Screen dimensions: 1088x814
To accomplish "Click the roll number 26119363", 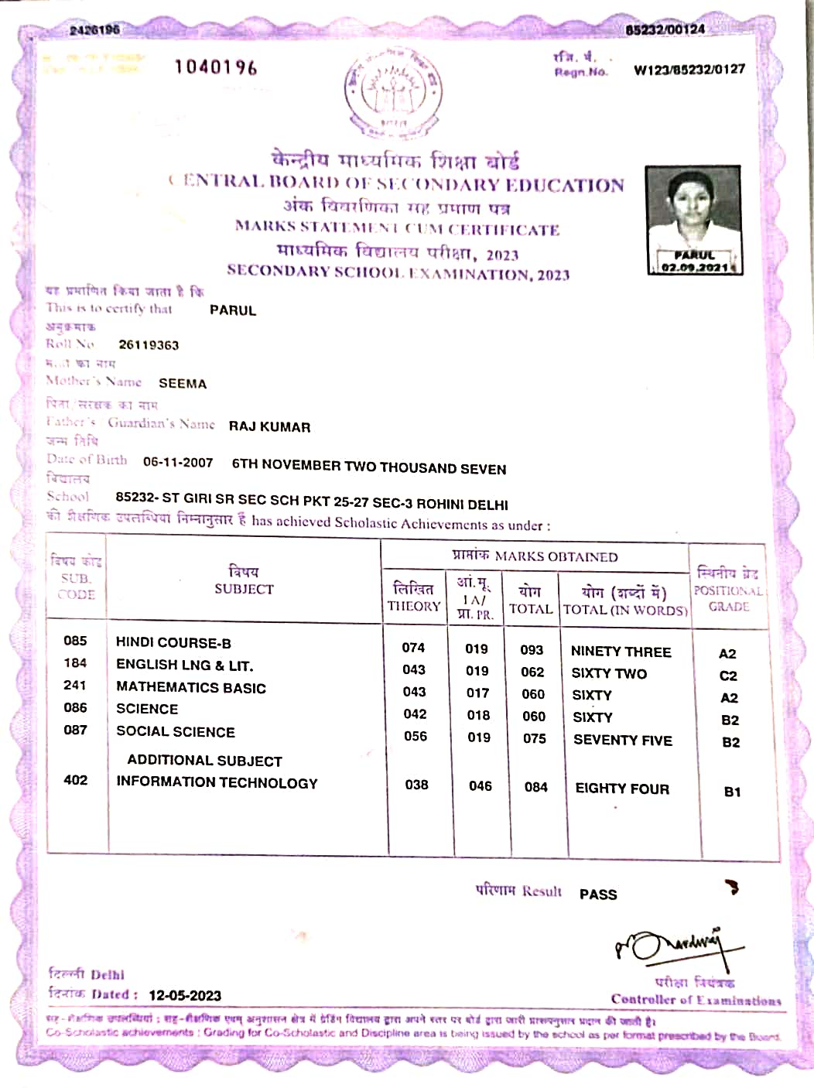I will click(149, 345).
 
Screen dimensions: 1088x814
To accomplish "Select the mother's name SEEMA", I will click(183, 384).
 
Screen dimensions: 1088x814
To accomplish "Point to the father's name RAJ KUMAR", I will click(269, 427).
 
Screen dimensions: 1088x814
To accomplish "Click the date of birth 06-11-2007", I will click(178, 463).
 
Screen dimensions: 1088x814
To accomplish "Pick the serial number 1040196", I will click(216, 67).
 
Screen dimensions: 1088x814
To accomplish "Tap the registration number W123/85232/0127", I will click(689, 70).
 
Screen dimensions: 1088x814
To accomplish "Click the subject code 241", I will click(75, 686).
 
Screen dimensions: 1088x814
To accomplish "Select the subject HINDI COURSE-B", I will click(173, 643).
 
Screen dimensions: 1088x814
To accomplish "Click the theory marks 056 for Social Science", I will click(416, 737).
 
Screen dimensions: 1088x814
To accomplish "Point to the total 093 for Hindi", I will click(532, 650).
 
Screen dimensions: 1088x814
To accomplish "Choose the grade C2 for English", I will click(728, 676).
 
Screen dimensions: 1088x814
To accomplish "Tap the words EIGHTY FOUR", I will click(622, 789).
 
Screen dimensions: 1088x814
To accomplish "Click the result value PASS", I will click(598, 895).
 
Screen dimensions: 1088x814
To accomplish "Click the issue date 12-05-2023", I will click(185, 996).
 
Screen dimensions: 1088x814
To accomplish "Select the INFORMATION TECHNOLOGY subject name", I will click(217, 783).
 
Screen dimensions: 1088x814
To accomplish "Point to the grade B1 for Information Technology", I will click(732, 792).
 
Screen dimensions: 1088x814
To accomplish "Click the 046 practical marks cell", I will click(481, 786).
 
